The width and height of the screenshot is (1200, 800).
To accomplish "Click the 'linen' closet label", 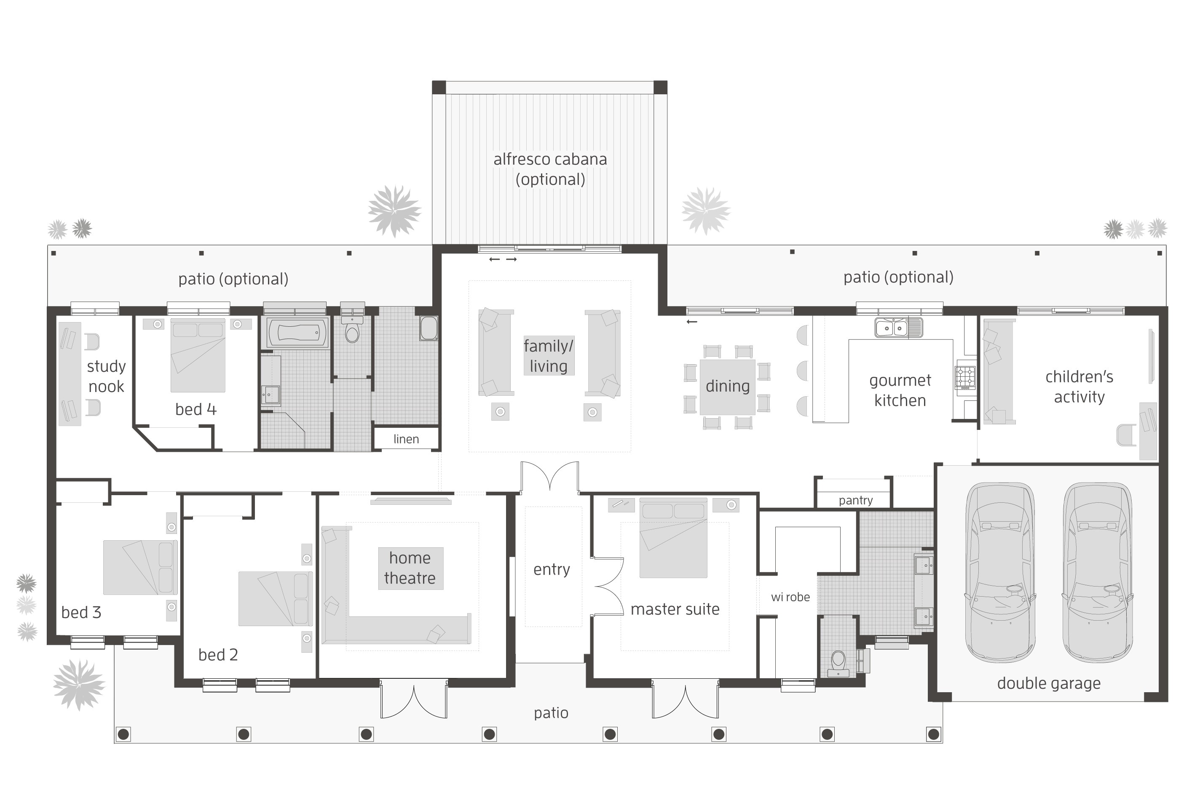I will pyautogui.click(x=406, y=439).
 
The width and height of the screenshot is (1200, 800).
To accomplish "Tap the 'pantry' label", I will pyautogui.click(x=855, y=501).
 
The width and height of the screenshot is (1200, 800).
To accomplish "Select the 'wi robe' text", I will pyautogui.click(x=790, y=597).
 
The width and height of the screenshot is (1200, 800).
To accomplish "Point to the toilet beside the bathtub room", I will pyautogui.click(x=352, y=331).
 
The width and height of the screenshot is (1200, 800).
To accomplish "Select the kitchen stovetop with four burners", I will pyautogui.click(x=965, y=378).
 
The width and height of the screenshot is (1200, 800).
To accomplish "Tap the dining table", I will pyautogui.click(x=727, y=387).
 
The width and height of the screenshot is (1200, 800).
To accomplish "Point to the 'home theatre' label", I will pyautogui.click(x=410, y=568).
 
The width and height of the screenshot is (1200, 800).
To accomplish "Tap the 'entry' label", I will pyautogui.click(x=551, y=569).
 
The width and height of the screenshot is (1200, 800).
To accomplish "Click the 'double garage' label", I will pyautogui.click(x=1048, y=683).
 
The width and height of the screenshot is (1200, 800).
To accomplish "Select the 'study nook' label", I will pyautogui.click(x=106, y=376).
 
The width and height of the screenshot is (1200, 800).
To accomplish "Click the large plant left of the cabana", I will pyautogui.click(x=394, y=211).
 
